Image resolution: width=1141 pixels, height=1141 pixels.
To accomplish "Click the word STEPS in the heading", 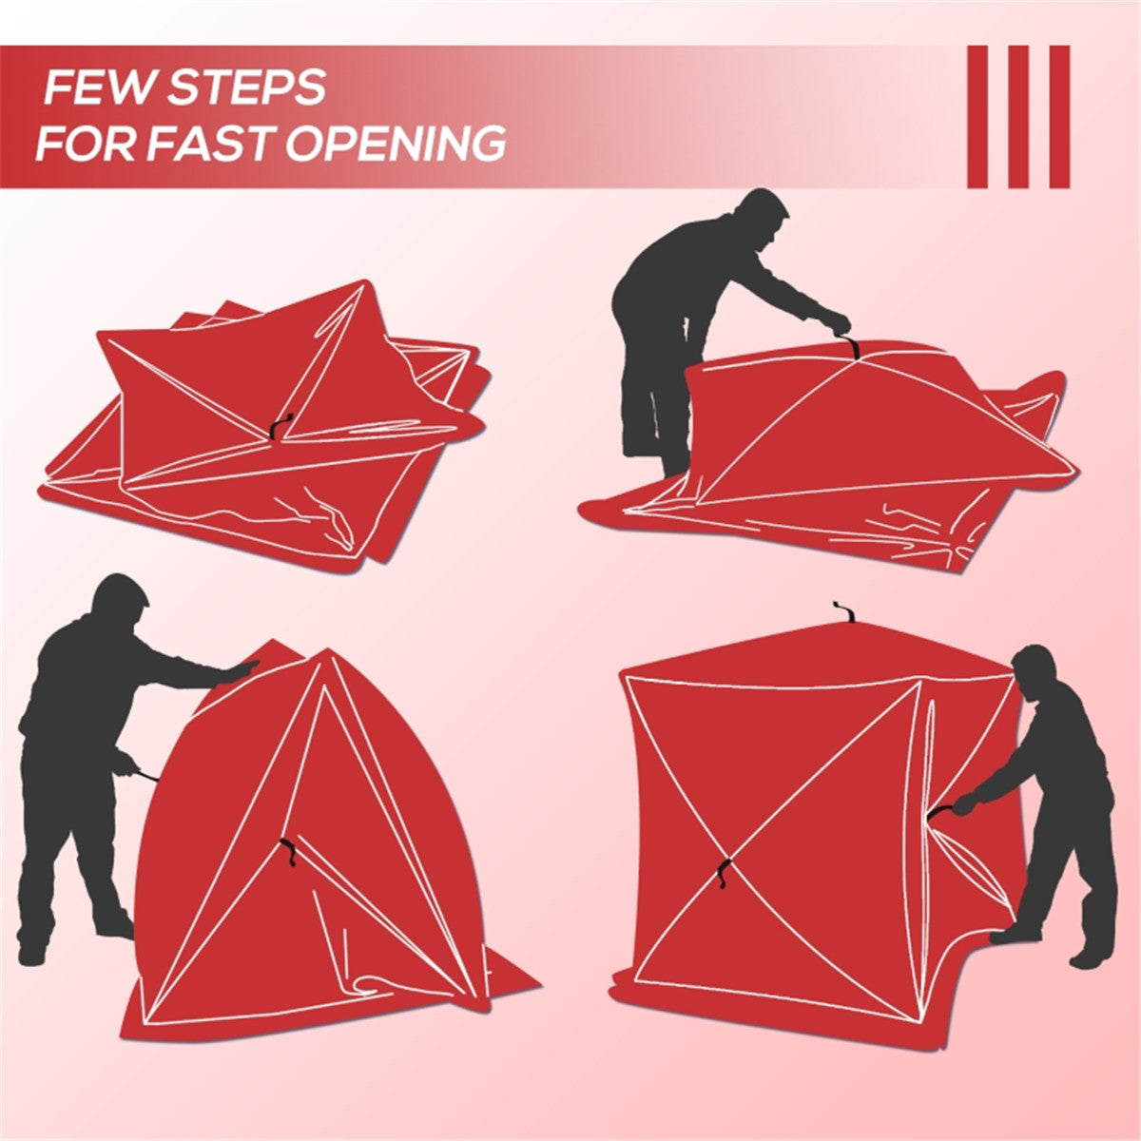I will click(x=246, y=88).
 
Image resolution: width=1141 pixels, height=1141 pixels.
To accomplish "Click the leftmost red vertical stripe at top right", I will click(x=977, y=116).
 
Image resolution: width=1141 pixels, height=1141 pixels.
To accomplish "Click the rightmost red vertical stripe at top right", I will click(x=1059, y=116).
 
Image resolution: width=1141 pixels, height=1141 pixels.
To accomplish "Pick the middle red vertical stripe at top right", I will click(x=1018, y=116).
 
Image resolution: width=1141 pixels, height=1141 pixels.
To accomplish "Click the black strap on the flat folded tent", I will click(x=278, y=428).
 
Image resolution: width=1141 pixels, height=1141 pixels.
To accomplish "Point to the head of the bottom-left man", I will click(x=120, y=599).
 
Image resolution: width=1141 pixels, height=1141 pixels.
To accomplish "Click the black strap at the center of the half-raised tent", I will click(x=288, y=852).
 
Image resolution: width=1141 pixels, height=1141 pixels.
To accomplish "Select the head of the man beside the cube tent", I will click(x=1035, y=669).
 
